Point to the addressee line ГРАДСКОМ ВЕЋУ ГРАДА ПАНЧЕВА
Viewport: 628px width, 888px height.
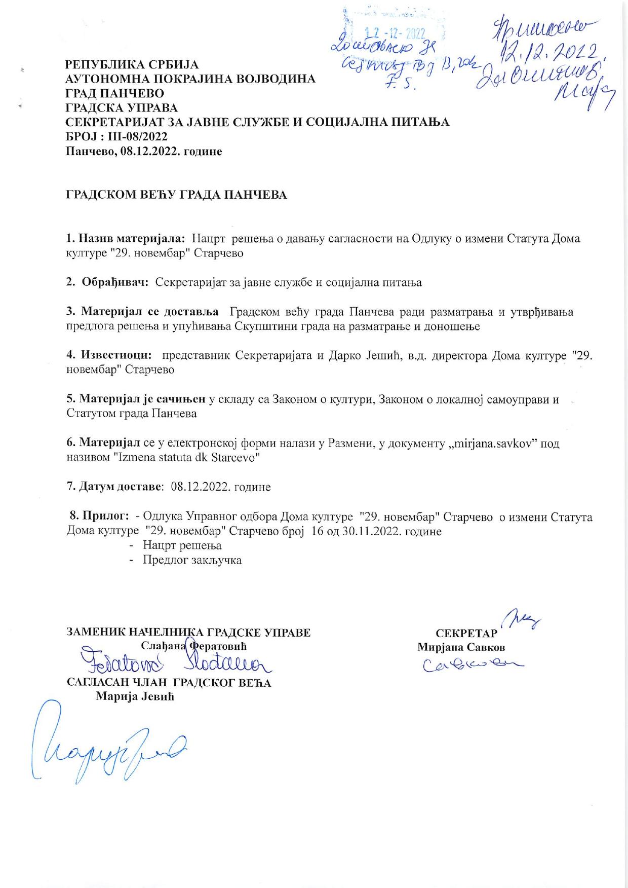(x=177, y=195)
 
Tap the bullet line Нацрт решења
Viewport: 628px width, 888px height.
(x=182, y=545)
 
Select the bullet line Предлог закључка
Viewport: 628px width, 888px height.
(x=192, y=560)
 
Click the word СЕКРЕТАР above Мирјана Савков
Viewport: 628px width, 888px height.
(x=466, y=634)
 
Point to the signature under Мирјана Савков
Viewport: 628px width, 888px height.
(x=471, y=663)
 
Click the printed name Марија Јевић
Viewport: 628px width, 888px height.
(x=135, y=697)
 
